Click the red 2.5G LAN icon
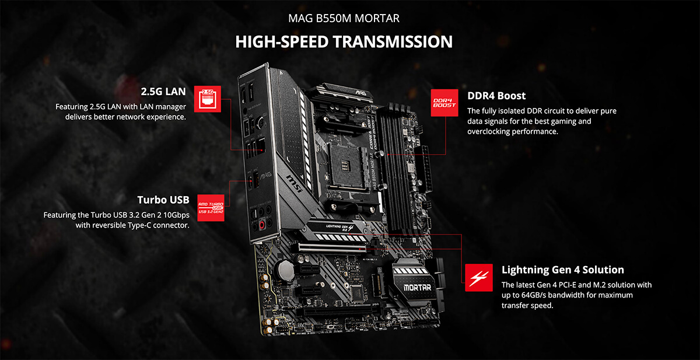(x=208, y=99)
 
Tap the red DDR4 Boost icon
(x=444, y=103)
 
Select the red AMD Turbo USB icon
(x=211, y=208)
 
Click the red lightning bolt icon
(x=479, y=278)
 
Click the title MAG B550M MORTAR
(x=344, y=19)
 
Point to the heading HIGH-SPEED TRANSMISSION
(x=344, y=41)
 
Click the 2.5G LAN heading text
(x=163, y=92)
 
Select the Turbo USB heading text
(x=163, y=200)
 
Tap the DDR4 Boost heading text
(x=496, y=96)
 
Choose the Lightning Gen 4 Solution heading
(x=563, y=270)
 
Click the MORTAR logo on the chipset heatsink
(x=417, y=288)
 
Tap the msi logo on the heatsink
(x=295, y=184)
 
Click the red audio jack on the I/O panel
(x=262, y=225)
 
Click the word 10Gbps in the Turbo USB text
(x=176, y=215)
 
